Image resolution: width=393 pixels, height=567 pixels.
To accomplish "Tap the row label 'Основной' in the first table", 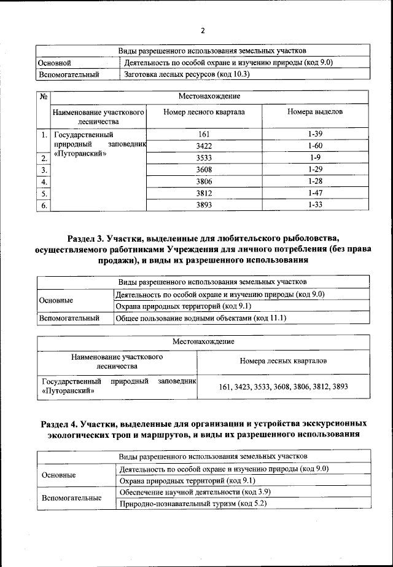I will (x=55, y=63).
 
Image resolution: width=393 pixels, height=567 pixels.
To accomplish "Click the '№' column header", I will (x=44, y=97).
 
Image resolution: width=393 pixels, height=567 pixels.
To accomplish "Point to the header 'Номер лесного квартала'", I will (x=204, y=113).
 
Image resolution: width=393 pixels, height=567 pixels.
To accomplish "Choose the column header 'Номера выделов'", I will (x=316, y=113).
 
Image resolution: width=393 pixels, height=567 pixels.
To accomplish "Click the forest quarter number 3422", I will (x=204, y=146).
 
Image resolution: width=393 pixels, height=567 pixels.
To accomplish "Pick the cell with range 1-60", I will (x=316, y=146).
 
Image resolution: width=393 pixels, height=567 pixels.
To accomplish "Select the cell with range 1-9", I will (x=316, y=158).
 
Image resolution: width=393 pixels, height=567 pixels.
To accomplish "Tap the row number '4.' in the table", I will (x=44, y=182).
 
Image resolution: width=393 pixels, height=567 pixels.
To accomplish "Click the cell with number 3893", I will (x=204, y=205).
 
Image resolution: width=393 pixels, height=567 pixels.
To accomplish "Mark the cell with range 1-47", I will (x=316, y=194).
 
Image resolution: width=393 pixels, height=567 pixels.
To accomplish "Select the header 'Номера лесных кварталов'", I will (x=283, y=360).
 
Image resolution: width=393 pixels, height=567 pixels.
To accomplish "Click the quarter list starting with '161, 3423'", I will (x=283, y=387).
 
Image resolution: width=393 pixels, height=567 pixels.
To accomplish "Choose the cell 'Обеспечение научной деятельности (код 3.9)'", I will (x=195, y=492).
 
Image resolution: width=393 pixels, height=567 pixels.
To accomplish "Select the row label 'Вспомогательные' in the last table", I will (x=70, y=498).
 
